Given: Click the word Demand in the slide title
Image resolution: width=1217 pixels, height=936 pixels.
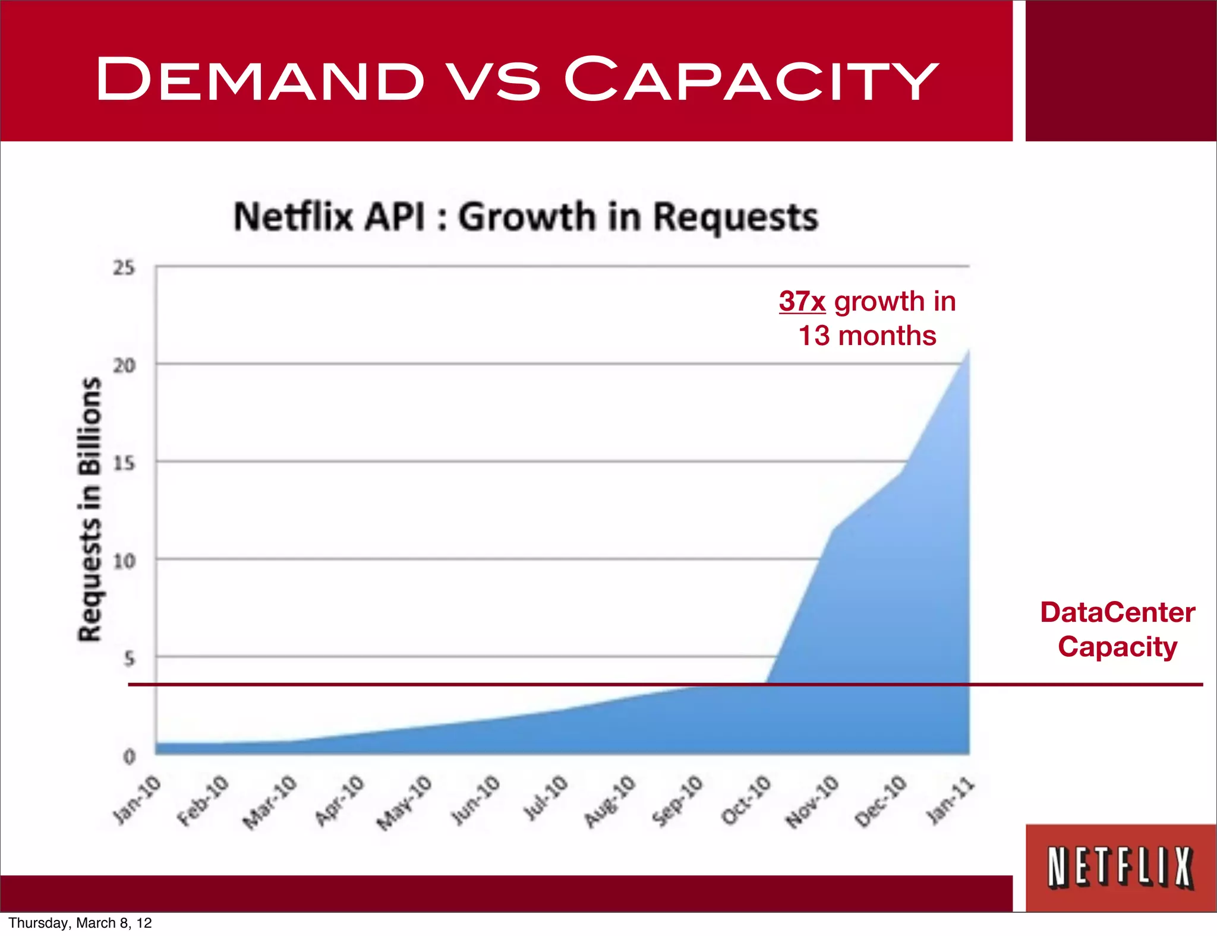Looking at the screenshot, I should pyautogui.click(x=260, y=79).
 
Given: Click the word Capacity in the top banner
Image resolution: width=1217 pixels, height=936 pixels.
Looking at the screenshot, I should pyautogui.click(x=750, y=79).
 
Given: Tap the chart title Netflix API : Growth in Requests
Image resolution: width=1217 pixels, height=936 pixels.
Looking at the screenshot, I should pyautogui.click(x=526, y=217).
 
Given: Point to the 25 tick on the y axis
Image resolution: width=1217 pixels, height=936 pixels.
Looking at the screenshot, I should pyautogui.click(x=124, y=268).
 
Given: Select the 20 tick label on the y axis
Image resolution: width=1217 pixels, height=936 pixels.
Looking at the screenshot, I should pyautogui.click(x=124, y=365).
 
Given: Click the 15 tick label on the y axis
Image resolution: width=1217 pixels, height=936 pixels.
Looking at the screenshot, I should pyautogui.click(x=124, y=463).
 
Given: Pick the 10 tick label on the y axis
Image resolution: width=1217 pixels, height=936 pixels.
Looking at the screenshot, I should pyautogui.click(x=124, y=561).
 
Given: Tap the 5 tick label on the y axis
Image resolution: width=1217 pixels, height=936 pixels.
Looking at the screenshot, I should pyautogui.click(x=129, y=658).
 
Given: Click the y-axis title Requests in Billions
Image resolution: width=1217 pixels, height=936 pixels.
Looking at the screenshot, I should pyautogui.click(x=90, y=510).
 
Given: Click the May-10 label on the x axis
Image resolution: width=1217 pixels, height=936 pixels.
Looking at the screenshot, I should pyautogui.click(x=405, y=802).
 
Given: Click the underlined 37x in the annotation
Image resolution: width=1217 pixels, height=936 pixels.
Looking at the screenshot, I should pyautogui.click(x=802, y=302).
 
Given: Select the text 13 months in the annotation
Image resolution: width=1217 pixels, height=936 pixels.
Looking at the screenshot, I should pyautogui.click(x=867, y=336).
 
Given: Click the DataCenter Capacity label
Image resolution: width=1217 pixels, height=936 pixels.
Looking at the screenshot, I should pyautogui.click(x=1117, y=629).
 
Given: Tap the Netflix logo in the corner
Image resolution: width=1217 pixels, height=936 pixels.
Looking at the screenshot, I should pyautogui.click(x=1120, y=868).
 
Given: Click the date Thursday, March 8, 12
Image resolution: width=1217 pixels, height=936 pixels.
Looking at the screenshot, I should pyautogui.click(x=80, y=923).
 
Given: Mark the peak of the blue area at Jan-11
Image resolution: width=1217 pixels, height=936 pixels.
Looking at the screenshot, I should pyautogui.click(x=969, y=352).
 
